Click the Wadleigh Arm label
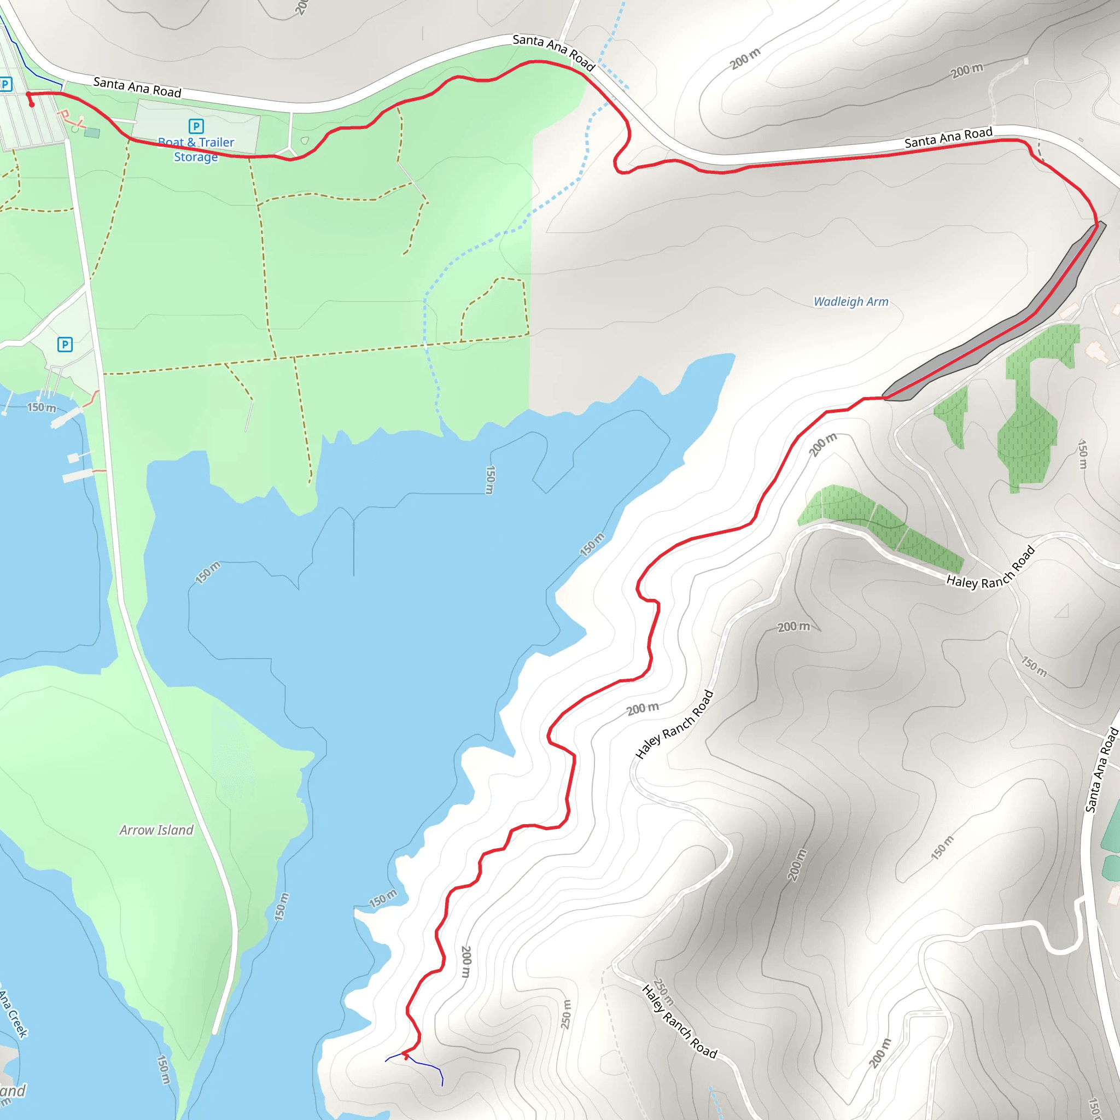(x=850, y=301)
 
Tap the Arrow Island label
(x=156, y=830)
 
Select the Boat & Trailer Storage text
(x=196, y=149)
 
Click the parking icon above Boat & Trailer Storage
(x=196, y=126)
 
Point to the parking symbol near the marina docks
(x=65, y=345)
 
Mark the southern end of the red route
(x=405, y=1054)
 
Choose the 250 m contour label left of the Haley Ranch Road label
(x=567, y=1014)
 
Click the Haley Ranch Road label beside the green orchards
(x=990, y=569)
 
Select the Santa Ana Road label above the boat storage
(x=137, y=87)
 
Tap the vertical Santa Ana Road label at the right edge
(x=1101, y=771)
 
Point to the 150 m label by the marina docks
(x=42, y=407)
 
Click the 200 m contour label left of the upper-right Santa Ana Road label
(x=967, y=70)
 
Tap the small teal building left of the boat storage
(x=91, y=133)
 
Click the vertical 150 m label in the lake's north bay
(x=490, y=480)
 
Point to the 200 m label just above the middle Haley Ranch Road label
(x=643, y=708)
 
